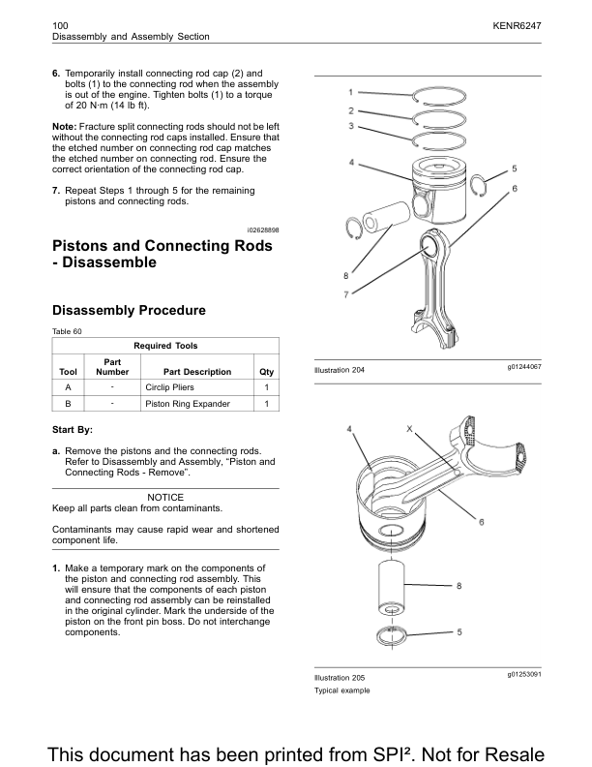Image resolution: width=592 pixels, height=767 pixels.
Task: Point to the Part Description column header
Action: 197,372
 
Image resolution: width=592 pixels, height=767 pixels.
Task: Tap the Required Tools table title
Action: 165,346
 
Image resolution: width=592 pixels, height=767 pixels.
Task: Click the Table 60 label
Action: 67,331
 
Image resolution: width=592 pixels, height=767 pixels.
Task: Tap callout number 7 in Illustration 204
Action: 345,293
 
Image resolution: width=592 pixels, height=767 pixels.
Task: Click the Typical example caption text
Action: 341,690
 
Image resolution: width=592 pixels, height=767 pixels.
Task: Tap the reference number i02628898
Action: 256,229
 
